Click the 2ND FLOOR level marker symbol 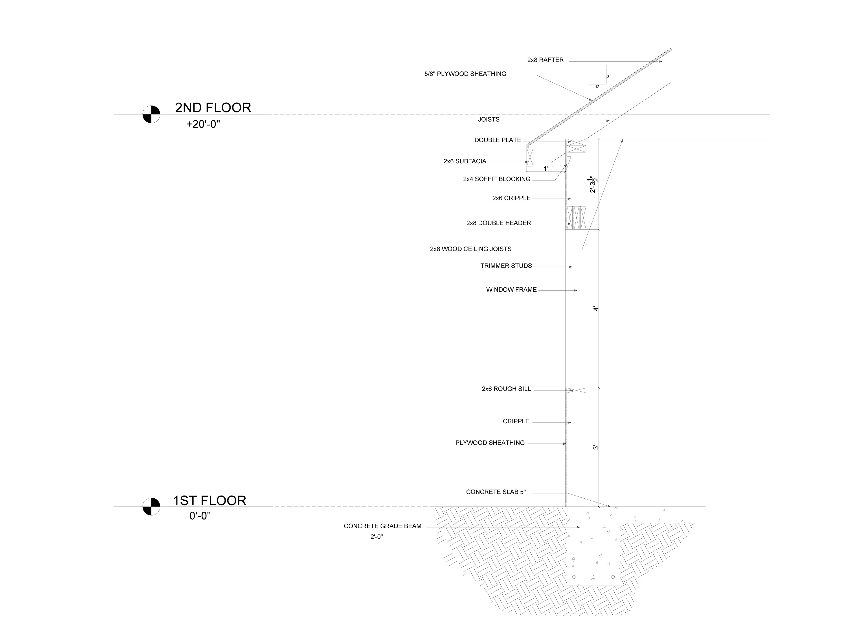point(151,114)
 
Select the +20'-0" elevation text point(203,124)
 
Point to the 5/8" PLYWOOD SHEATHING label point(465,74)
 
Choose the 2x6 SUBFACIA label point(465,161)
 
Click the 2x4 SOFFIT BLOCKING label point(497,179)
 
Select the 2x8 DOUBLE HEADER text point(498,223)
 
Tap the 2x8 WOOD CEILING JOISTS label point(471,249)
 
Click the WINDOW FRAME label point(511,290)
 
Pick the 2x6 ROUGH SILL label point(506,389)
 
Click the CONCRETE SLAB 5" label point(496,492)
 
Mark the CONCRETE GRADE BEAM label point(382,526)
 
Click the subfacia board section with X point(530,157)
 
